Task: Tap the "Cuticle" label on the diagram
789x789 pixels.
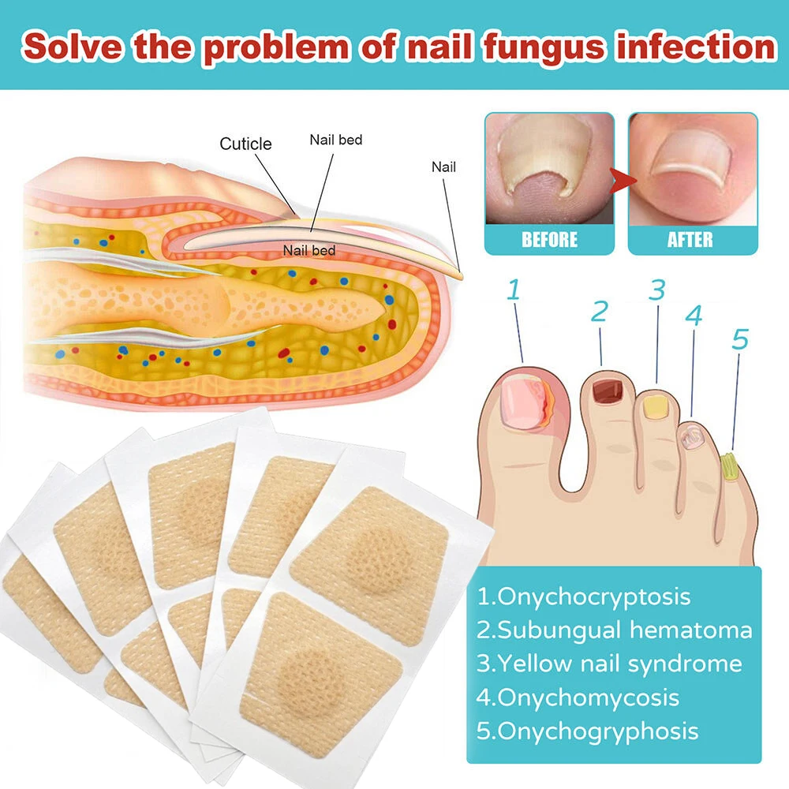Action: click(x=245, y=144)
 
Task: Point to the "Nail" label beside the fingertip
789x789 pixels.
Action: click(x=443, y=166)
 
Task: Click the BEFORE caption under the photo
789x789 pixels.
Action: click(x=549, y=238)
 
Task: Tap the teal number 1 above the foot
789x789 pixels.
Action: click(x=514, y=290)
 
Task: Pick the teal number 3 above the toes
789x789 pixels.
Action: click(x=657, y=290)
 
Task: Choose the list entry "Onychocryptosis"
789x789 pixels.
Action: click(x=584, y=596)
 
